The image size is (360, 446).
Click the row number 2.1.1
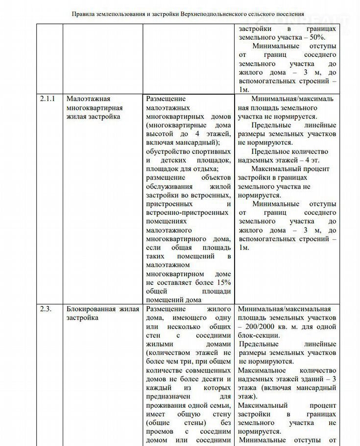[x=48, y=99]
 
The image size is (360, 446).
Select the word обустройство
[x=168, y=151]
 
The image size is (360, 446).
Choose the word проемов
[x=160, y=432]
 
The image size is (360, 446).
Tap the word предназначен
[x=169, y=396]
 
